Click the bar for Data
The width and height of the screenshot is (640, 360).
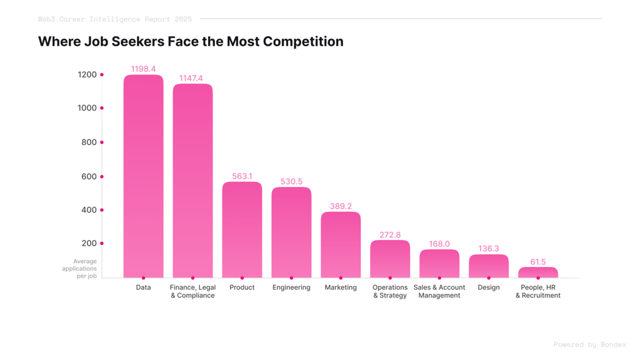[143, 176]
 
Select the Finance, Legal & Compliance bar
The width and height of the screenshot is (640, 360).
[192, 181]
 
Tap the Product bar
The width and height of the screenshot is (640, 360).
[242, 230]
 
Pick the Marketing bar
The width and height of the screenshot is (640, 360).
[341, 245]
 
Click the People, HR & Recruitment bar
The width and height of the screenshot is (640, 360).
[538, 272]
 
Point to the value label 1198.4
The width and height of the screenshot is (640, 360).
[143, 69]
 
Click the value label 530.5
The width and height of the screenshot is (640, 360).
[291, 181]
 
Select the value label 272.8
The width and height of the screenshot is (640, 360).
[390, 235]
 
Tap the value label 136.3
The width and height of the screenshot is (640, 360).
[489, 248]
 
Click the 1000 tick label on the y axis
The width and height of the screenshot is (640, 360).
[87, 108]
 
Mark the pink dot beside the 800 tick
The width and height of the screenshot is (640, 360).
[102, 142]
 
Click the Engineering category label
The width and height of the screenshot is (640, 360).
[291, 287]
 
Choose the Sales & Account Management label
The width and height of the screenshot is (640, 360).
[439, 291]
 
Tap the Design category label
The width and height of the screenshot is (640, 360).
[489, 287]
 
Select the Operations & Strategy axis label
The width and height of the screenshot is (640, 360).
[390, 291]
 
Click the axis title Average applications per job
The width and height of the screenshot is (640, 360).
[79, 269]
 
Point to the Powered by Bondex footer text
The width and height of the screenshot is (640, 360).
[589, 344]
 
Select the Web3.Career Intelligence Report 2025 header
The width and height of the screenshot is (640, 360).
[115, 19]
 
